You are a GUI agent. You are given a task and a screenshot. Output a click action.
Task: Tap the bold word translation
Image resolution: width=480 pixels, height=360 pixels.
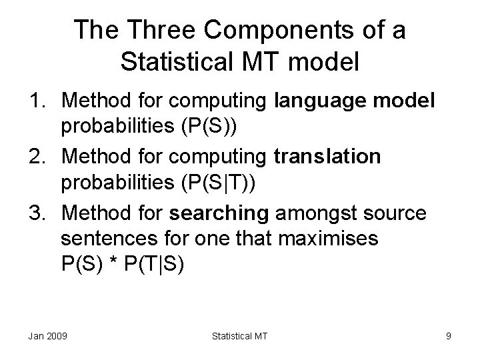[x=327, y=157]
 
